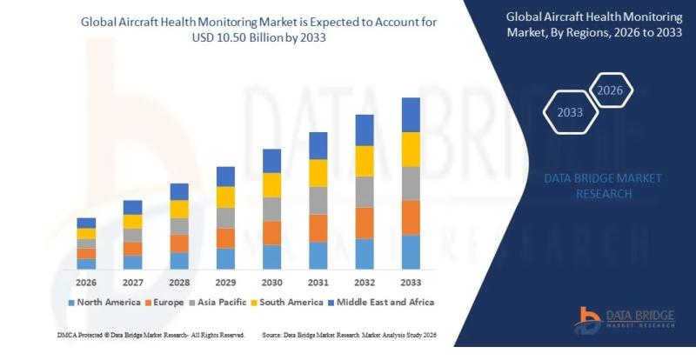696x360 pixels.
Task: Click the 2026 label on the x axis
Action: coord(86,283)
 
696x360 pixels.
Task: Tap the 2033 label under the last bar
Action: coord(411,283)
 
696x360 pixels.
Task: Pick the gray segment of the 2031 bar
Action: coord(318,200)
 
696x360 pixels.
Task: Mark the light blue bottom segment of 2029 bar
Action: coord(225,259)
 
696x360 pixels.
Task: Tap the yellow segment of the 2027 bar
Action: coord(132,221)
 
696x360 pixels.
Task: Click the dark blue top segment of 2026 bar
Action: coord(86,223)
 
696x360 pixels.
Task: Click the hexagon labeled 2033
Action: coord(570,113)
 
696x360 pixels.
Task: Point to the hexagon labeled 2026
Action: coord(610,90)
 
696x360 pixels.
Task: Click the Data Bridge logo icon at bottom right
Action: coord(590,320)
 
